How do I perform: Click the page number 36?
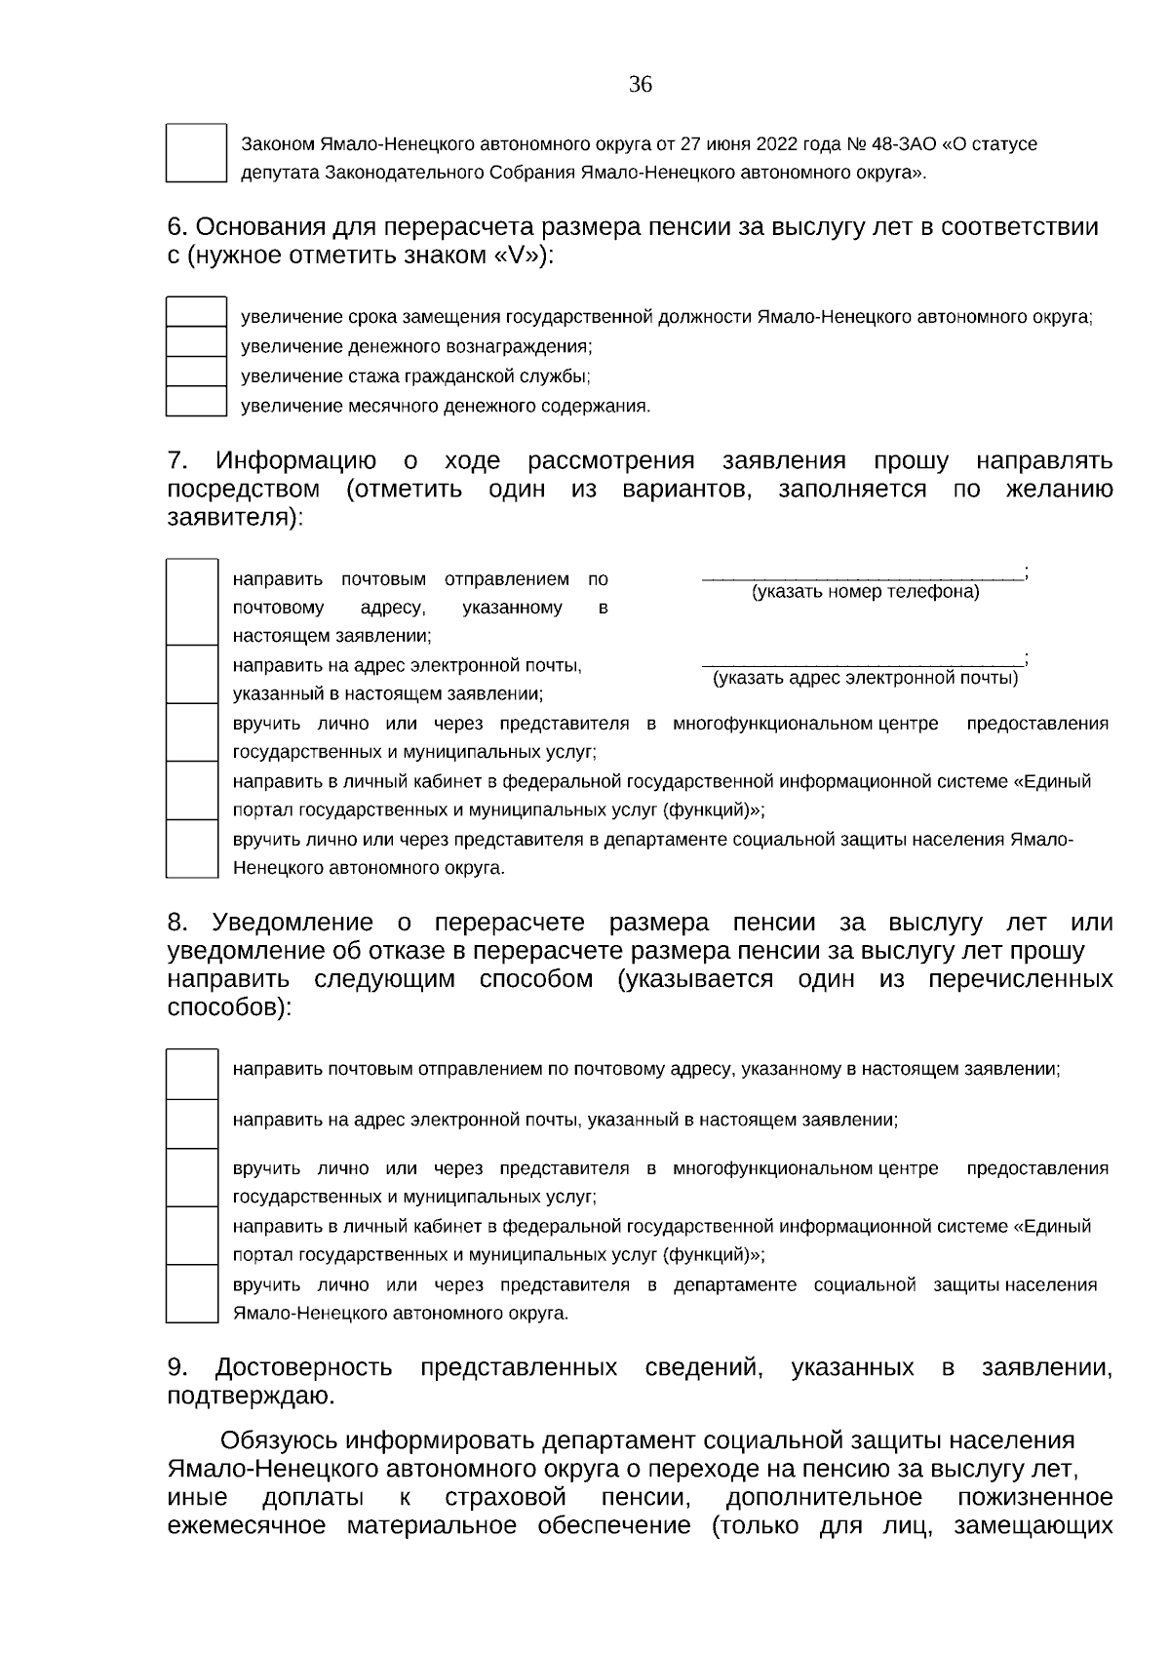(640, 85)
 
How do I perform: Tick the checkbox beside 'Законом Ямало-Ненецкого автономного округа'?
(196, 153)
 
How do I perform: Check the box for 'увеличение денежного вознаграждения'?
(196, 342)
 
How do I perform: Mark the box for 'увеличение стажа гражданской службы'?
(196, 373)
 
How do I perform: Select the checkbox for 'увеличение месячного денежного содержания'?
(196, 402)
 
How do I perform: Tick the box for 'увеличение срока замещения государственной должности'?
(196, 313)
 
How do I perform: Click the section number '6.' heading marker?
(176, 227)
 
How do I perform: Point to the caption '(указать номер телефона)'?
(865, 592)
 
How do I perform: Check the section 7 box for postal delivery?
(192, 603)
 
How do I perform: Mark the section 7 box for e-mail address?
(192, 675)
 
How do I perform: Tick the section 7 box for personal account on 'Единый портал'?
(192, 791)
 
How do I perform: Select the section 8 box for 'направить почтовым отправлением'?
(192, 1074)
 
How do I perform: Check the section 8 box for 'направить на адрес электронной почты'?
(192, 1124)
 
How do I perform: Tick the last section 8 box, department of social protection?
(192, 1294)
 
